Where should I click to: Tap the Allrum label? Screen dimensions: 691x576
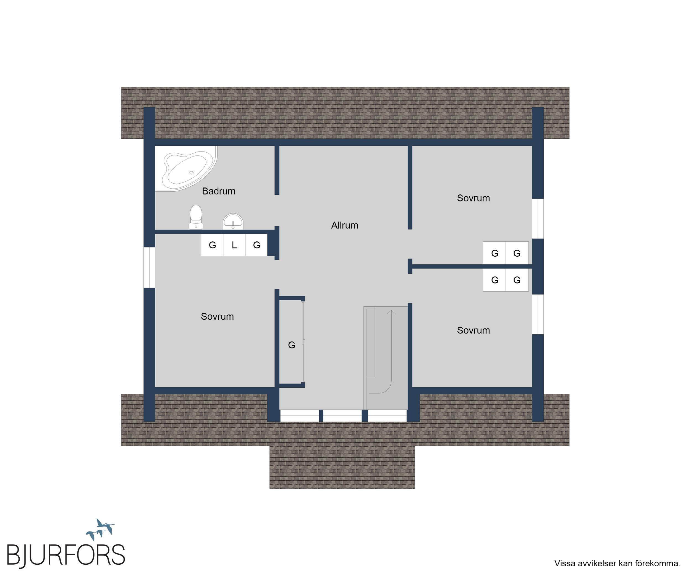(344, 225)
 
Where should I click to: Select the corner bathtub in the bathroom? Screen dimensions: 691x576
(186, 168)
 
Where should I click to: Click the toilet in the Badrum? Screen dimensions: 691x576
(196, 217)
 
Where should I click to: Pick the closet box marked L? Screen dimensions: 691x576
(234, 245)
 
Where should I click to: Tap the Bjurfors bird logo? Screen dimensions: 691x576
(100, 529)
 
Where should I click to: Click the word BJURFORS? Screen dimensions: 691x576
(66, 555)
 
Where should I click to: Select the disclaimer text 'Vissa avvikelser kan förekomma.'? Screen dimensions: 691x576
(617, 563)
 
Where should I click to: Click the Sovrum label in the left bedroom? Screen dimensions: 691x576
(217, 316)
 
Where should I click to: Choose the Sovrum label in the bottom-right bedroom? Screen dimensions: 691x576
(473, 330)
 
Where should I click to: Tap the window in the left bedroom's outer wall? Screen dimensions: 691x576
(149, 267)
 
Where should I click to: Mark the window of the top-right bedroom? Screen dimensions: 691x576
(538, 218)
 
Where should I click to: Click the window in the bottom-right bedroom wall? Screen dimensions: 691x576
(538, 314)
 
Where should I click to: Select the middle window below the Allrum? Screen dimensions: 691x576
(342, 415)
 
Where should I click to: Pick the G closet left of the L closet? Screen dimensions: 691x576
(212, 245)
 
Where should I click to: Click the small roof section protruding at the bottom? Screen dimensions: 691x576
(342, 467)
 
